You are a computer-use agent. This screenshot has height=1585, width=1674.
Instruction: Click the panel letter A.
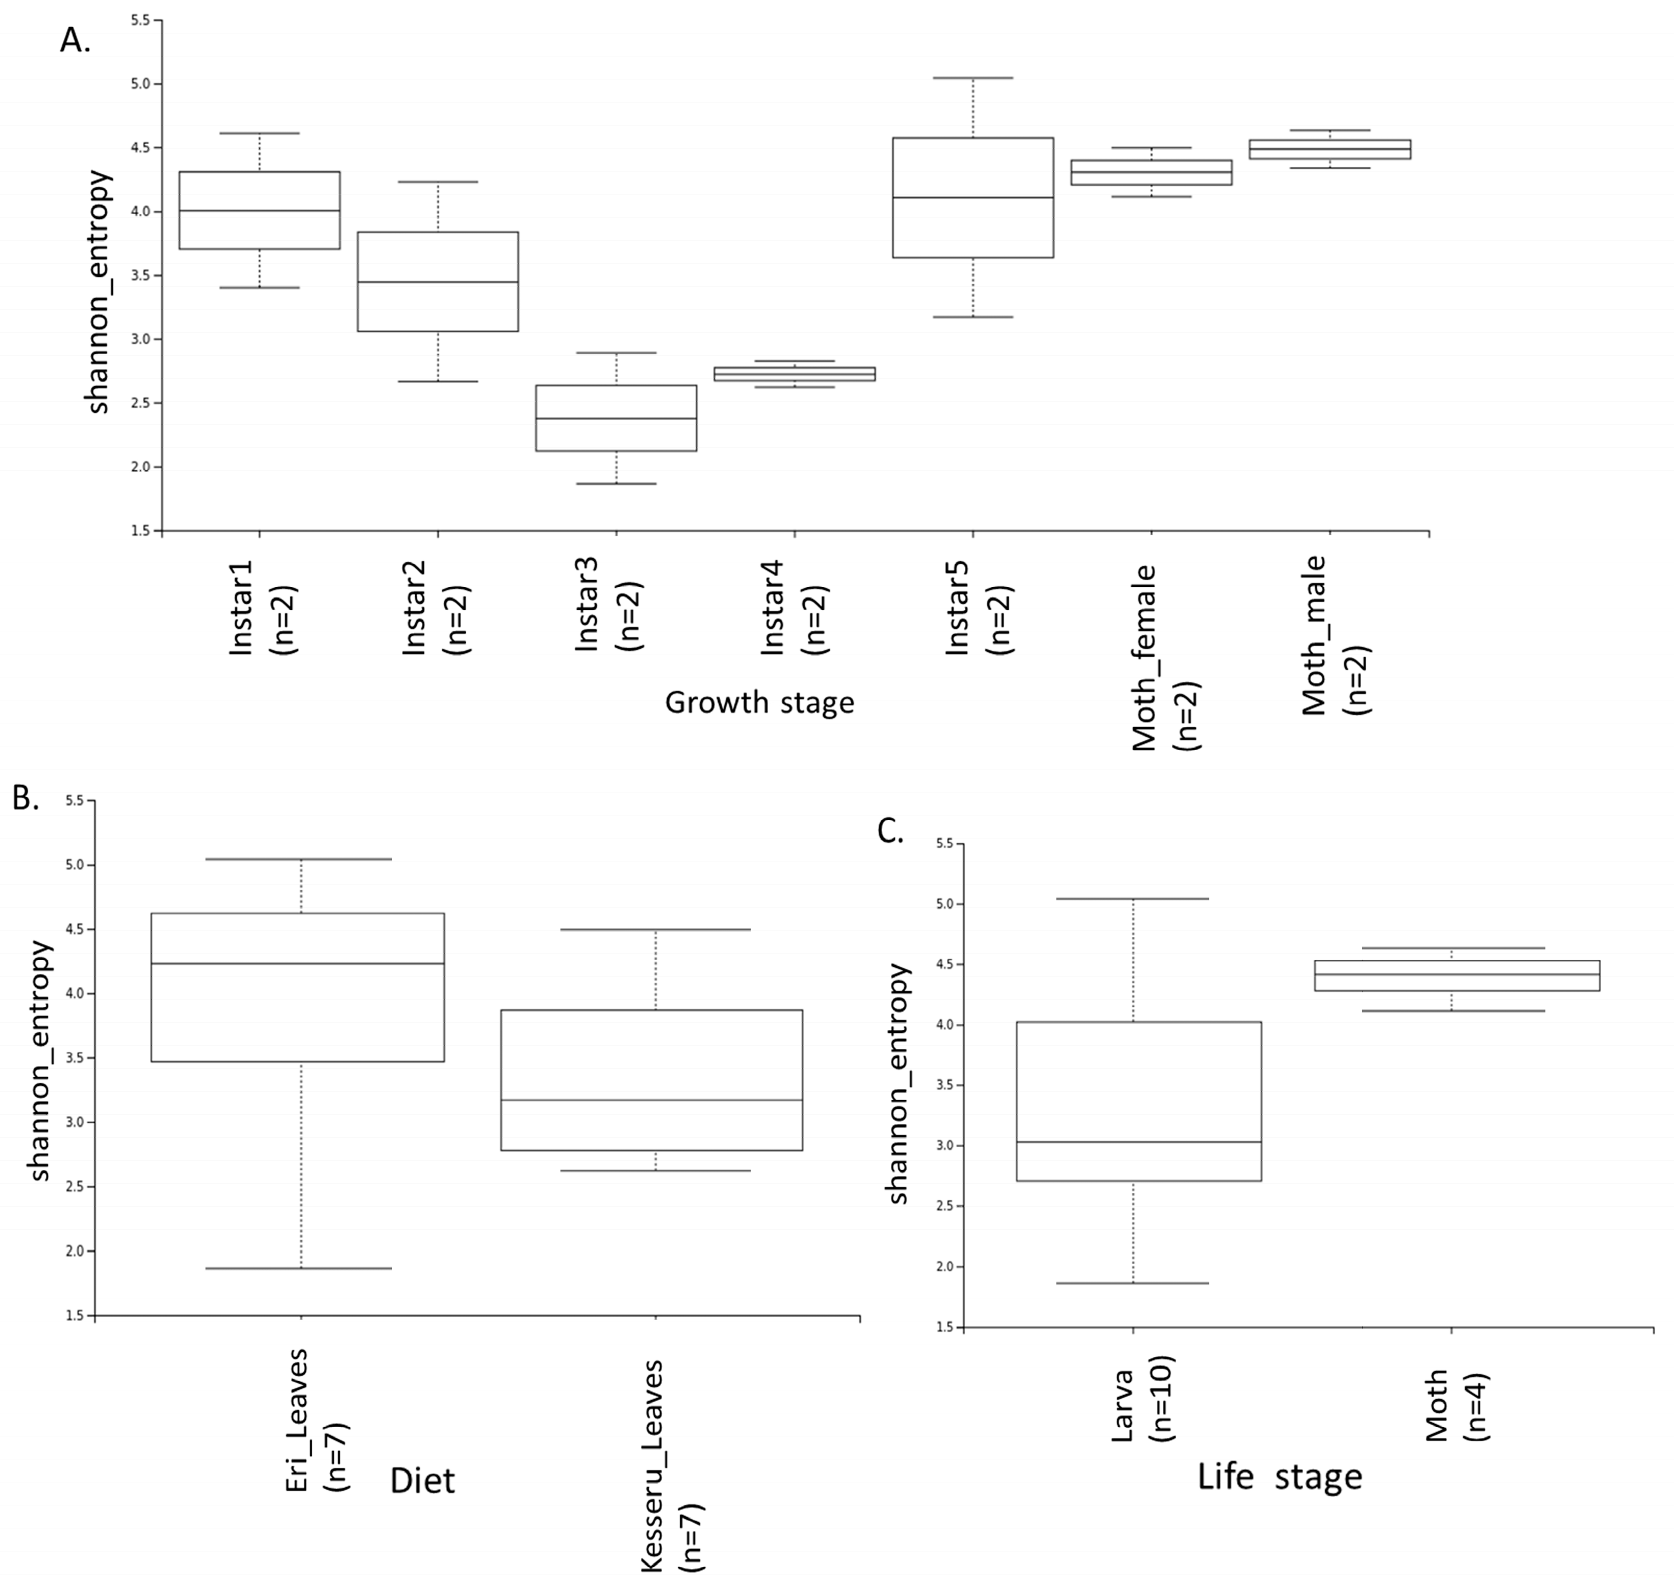coord(74,39)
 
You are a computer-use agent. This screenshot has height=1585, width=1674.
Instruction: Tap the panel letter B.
coord(25,796)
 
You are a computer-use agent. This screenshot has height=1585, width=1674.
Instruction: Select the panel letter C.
coord(890,831)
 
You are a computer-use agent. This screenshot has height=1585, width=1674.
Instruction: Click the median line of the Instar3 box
coord(616,418)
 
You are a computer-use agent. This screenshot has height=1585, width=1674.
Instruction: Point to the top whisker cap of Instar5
coord(972,78)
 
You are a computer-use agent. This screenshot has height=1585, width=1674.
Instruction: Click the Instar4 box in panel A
coord(795,373)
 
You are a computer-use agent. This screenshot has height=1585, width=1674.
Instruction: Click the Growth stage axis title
coord(759,702)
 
